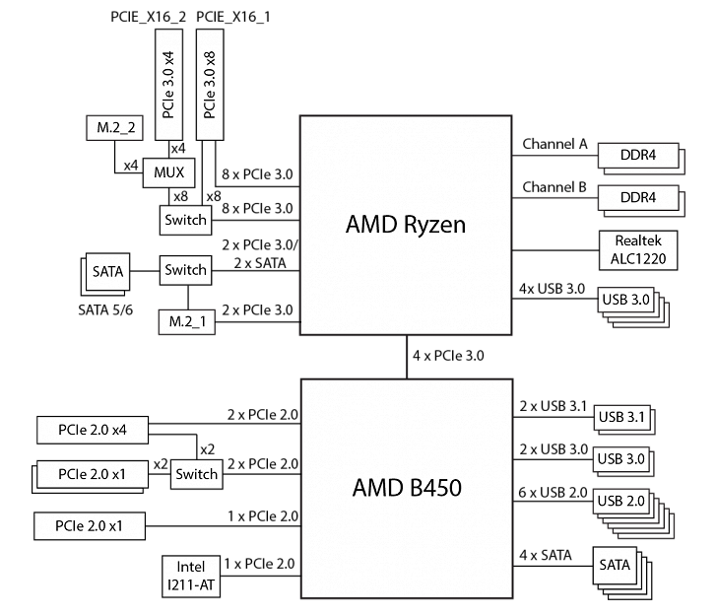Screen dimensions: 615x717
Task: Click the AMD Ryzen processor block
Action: [x=405, y=226]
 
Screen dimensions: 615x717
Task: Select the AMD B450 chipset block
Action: [x=405, y=488]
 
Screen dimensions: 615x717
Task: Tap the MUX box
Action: [x=168, y=172]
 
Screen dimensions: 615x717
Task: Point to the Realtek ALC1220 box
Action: [x=637, y=249]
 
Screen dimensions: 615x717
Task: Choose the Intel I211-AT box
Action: [x=191, y=576]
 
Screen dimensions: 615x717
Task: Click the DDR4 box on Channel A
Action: [x=637, y=155]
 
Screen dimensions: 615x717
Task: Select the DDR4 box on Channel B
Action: [x=637, y=197]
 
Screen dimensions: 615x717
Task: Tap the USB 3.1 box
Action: [x=621, y=417]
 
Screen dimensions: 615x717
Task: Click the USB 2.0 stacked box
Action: [x=621, y=502]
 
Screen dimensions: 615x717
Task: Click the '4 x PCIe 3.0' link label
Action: [x=450, y=355]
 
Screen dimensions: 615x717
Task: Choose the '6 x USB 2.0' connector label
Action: [x=554, y=492]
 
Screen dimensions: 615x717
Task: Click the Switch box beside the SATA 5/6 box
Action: [x=185, y=269]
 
